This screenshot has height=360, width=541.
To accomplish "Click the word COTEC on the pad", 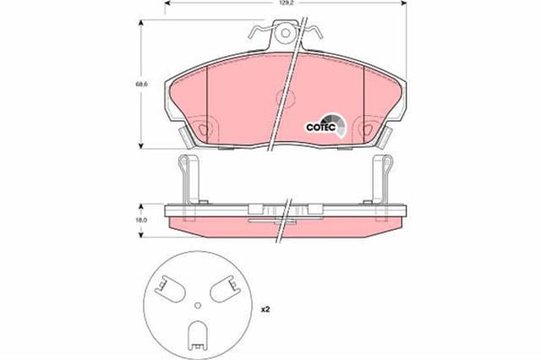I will tap(321, 128).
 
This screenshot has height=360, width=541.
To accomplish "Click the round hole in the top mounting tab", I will tap(287, 34).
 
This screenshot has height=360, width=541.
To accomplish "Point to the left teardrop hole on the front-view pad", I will tap(204, 129).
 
